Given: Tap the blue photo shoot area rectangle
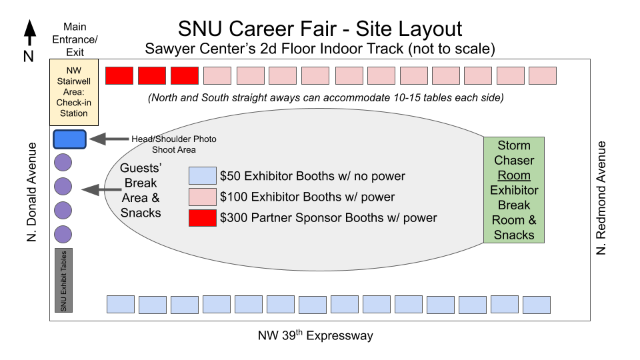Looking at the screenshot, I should (x=69, y=139).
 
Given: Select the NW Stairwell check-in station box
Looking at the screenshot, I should (x=74, y=92).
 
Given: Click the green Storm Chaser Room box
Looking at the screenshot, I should (x=514, y=190).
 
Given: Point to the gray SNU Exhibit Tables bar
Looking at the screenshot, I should (x=63, y=280).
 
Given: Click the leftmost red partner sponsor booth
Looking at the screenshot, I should (x=119, y=75).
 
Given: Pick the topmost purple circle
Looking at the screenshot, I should (x=63, y=163).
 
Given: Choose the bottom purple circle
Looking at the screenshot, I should (x=63, y=234).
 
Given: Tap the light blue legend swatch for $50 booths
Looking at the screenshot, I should (x=203, y=176).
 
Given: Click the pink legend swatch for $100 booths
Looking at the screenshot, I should (x=203, y=197).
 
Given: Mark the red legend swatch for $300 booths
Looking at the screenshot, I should (x=203, y=218).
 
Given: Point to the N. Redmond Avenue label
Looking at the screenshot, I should (x=602, y=197).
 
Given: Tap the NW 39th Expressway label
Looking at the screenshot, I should (x=315, y=335).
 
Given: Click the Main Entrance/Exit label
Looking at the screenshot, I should (x=75, y=39).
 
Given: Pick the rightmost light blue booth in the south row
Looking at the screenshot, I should (x=536, y=305).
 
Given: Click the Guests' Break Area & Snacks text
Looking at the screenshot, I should (x=140, y=191).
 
